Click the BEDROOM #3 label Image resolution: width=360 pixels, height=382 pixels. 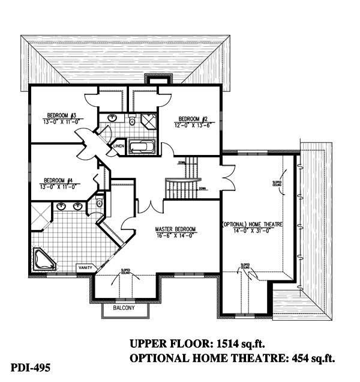coord(60,115)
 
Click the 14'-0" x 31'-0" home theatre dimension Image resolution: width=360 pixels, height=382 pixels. coord(253,231)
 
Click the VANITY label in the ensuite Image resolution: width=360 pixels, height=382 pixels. coord(83,267)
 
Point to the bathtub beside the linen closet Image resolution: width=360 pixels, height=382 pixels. coord(142,147)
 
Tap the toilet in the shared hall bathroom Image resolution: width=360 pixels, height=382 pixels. coord(131,121)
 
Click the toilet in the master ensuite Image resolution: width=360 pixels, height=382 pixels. coord(99,204)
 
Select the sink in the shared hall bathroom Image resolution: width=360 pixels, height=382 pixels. coord(112,118)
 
